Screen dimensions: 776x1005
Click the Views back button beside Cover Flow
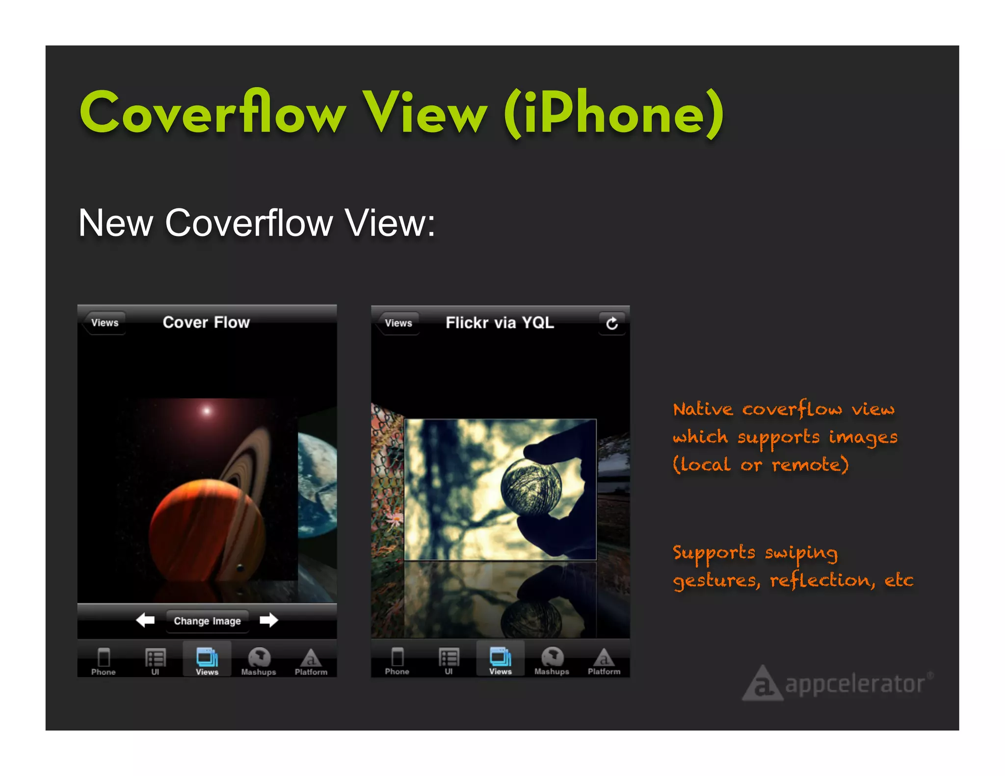105,323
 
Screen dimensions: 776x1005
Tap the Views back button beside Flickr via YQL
398,323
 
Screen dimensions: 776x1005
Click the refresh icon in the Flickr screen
611,324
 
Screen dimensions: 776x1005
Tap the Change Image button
207,621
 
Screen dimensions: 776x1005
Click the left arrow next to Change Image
145,620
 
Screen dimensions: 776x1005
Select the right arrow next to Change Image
268,620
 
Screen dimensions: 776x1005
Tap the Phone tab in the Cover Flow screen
104,661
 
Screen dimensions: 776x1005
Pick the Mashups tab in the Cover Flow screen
259,661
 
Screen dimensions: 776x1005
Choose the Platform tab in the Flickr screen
604,661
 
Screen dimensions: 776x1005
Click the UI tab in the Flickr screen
449,661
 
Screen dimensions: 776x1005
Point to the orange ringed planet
211,525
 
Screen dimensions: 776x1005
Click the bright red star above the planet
207,411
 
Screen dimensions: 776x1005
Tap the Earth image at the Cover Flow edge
317,486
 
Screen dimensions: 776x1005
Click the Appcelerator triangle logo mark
762,684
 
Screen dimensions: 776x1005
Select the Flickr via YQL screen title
500,323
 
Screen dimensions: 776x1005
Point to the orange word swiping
801,553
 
